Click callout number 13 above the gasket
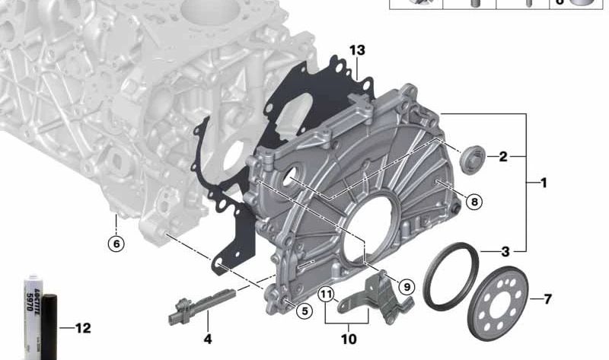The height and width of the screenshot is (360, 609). coord(357,50)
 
